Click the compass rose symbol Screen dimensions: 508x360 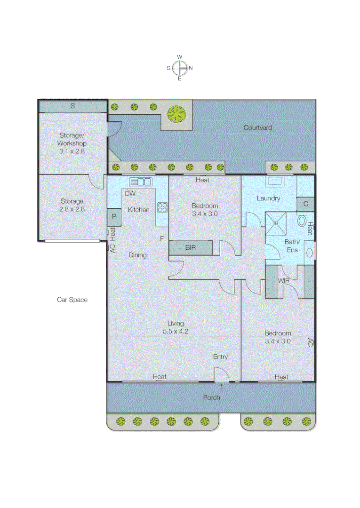coord(179,68)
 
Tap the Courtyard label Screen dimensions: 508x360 coord(257,127)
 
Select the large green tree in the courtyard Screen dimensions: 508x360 coord(176,113)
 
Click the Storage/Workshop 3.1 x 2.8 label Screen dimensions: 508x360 coord(72,143)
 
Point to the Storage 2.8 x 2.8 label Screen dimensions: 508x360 coord(72,205)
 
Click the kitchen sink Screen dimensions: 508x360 coord(140,182)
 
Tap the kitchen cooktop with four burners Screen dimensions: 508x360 coord(162,207)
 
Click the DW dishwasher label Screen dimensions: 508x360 coord(130,193)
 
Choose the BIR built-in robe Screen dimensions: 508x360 coord(190,247)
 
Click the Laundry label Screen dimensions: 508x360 coord(268,198)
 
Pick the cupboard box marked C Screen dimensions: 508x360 coord(305,204)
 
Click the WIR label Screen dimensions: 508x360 coord(283,281)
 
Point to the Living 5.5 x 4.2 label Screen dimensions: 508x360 coord(176,327)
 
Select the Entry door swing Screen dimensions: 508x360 coord(221,374)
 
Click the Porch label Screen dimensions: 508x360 coord(211,397)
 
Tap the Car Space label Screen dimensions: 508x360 coord(72,300)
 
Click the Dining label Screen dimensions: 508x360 coord(137,255)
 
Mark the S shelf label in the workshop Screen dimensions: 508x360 coord(72,106)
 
